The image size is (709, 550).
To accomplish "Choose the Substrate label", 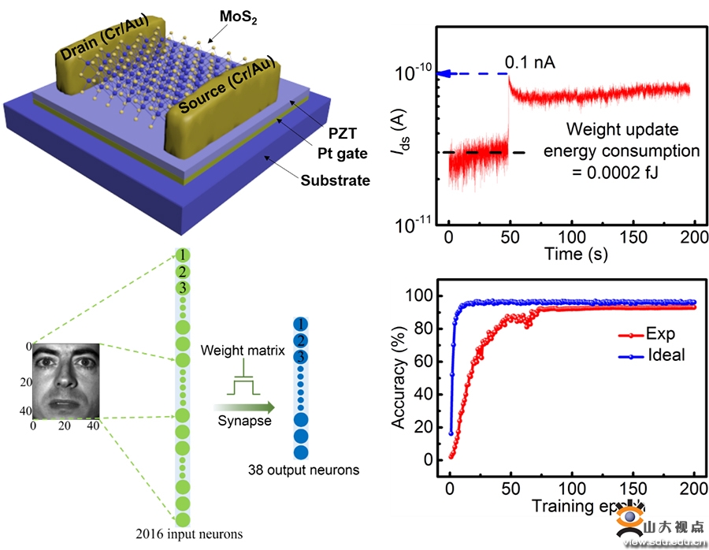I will tap(335, 180).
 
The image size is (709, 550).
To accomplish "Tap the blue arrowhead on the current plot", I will tap(444, 74).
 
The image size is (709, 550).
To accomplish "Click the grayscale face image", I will tap(65, 379).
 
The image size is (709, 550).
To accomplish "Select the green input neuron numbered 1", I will tap(182, 255).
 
